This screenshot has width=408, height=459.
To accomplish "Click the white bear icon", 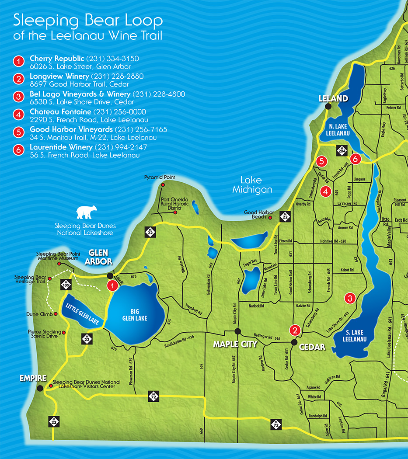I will coord(87,212).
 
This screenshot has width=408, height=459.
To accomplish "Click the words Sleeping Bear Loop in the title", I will coord(88,20).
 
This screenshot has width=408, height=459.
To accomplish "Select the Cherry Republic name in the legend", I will coord(57,58).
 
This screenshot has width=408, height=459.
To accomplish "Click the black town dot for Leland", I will coord(328,106).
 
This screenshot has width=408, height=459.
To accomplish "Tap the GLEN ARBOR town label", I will coord(101,257).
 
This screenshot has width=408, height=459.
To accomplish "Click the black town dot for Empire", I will coord(40,388).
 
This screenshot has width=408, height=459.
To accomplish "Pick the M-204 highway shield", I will coord(342,150).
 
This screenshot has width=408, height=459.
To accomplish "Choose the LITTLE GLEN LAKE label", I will coord(84,311).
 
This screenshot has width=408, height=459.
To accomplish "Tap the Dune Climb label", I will coord(39,314).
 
